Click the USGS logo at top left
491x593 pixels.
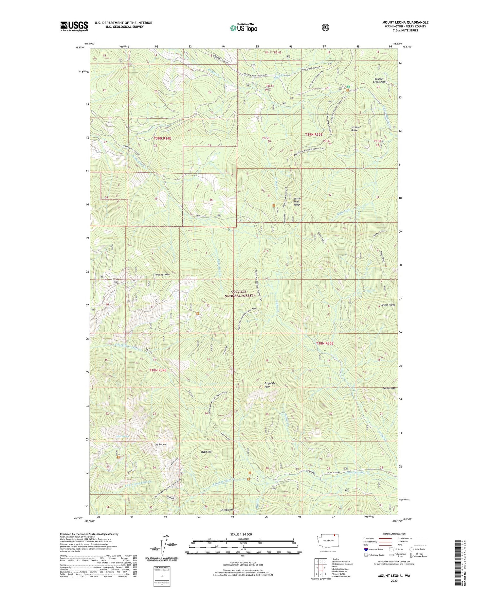coord(74,26)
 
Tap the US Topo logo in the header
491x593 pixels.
coord(244,28)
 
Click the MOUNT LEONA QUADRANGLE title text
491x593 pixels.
coord(405,23)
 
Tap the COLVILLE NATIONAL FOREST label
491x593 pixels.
coord(239,293)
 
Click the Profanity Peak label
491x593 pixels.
coord(269,385)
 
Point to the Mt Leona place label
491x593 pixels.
coord(160,445)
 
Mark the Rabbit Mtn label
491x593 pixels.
coord(389,388)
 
